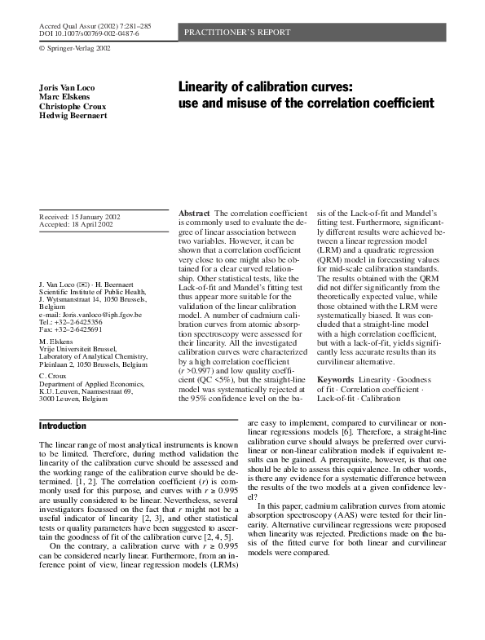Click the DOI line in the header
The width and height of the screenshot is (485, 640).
point(90,35)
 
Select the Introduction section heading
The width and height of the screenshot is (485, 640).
point(63,426)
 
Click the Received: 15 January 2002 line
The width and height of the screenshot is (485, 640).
point(80,216)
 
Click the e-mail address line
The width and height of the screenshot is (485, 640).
point(90,315)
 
